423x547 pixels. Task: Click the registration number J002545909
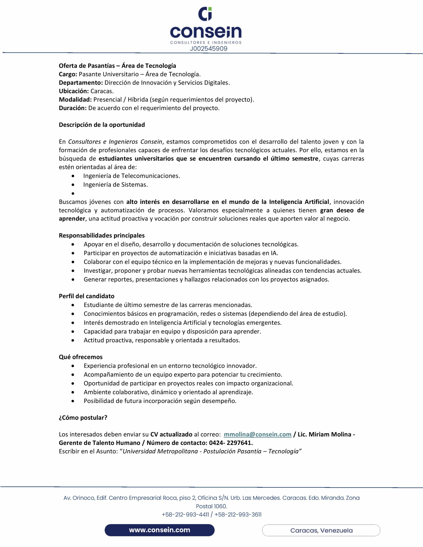(x=209, y=49)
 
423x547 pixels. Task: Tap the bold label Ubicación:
(x=74, y=91)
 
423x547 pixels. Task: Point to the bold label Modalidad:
(x=75, y=100)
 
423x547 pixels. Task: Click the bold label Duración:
(x=73, y=108)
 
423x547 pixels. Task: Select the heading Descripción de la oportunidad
(x=102, y=125)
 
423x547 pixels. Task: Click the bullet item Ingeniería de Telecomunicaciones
(x=131, y=176)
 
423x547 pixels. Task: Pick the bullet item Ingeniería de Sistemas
(x=115, y=185)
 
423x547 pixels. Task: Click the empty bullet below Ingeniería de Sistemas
(x=73, y=193)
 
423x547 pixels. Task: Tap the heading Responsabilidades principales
(x=102, y=235)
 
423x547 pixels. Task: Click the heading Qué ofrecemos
(x=80, y=357)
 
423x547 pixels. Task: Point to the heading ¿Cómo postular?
(x=83, y=418)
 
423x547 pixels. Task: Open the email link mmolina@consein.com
(x=257, y=434)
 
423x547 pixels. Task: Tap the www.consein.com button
(x=160, y=530)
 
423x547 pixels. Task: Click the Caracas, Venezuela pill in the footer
(x=321, y=531)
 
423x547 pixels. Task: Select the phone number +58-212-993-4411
(x=185, y=515)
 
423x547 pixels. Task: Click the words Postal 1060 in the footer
(x=211, y=506)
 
